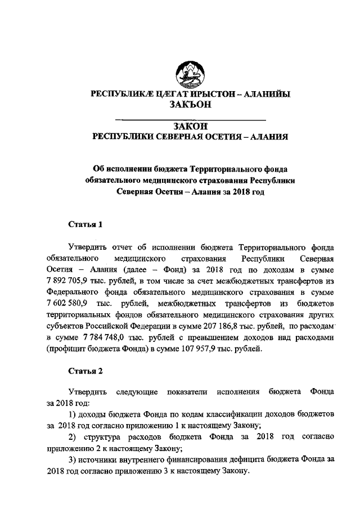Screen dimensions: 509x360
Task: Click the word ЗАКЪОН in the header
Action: pyautogui.click(x=190, y=105)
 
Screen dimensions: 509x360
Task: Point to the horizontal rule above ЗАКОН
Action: pyautogui.click(x=190, y=120)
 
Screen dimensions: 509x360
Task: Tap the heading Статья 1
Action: pyautogui.click(x=85, y=225)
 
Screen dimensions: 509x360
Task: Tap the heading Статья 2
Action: pyautogui.click(x=85, y=371)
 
